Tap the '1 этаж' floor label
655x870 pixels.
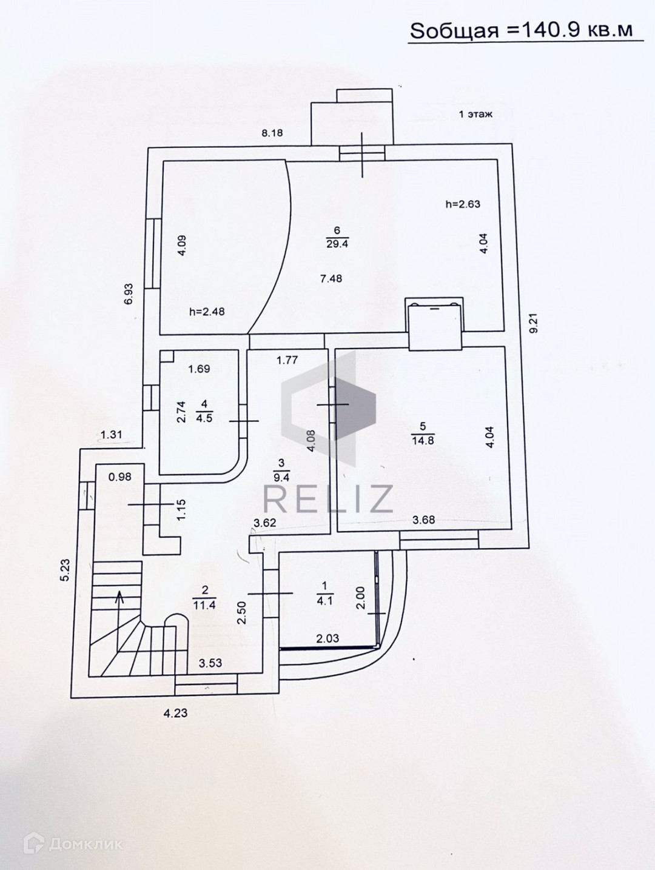[475, 114]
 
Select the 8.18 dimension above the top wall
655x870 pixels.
[272, 133]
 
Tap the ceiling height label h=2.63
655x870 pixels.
[463, 204]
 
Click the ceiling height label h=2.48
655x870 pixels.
[207, 312]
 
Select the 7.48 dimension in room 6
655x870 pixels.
[331, 278]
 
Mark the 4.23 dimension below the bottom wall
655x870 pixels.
[175, 713]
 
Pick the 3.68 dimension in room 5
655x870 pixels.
[423, 519]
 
